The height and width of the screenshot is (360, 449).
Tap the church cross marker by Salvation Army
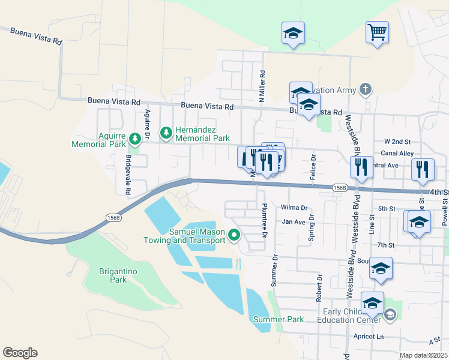tap(366, 89)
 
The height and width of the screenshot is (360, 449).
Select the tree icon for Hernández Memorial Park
tap(166, 131)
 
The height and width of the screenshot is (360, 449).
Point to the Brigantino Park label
tap(118, 275)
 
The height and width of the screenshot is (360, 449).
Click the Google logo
tap(20, 352)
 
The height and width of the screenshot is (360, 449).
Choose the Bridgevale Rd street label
tap(128, 175)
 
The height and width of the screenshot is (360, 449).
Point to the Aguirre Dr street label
tap(147, 122)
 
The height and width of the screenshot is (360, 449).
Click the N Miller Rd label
tap(262, 87)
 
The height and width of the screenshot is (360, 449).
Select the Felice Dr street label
tap(313, 169)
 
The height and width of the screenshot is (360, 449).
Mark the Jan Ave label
tap(294, 221)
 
